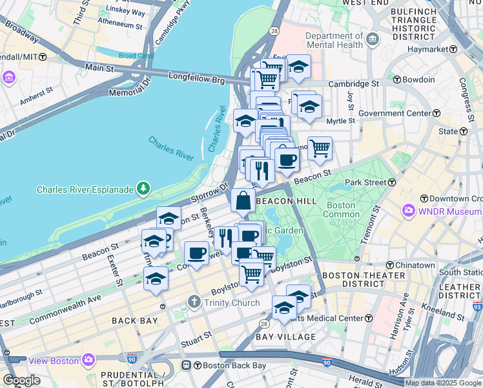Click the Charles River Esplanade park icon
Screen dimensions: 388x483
(x=142, y=189)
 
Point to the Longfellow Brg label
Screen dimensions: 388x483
(x=195, y=77)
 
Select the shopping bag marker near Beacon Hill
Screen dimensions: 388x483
(x=242, y=201)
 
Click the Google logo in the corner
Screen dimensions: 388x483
(x=21, y=380)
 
